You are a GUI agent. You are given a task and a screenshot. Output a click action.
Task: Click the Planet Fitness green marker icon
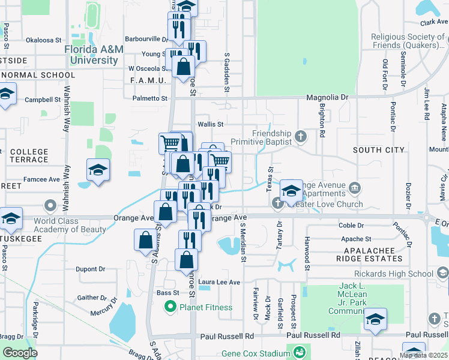[x=170, y=308]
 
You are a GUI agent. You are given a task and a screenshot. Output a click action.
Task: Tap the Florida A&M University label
[x=92, y=55]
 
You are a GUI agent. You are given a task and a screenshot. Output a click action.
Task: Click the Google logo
[x=19, y=352]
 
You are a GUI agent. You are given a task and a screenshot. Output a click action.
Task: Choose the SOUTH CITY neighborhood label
[x=379, y=149]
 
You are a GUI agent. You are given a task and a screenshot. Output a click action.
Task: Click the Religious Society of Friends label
[x=410, y=41]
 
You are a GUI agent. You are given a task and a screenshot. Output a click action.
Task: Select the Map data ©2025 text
[x=423, y=355]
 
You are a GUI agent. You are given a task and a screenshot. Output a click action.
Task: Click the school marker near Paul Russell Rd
[x=375, y=319]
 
